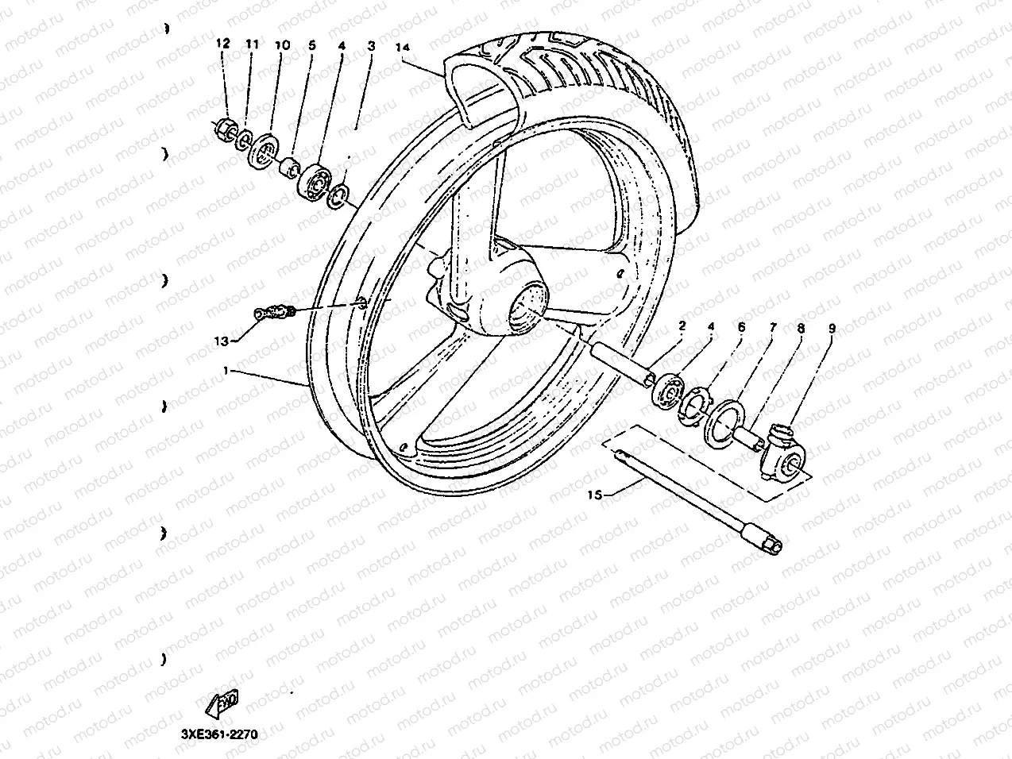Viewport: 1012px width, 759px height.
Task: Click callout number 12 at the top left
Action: pyautogui.click(x=223, y=44)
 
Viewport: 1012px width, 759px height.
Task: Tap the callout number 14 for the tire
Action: pyautogui.click(x=404, y=48)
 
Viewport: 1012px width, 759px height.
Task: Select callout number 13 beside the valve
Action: pyautogui.click(x=222, y=341)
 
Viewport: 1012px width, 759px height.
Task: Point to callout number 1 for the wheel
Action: pyautogui.click(x=226, y=371)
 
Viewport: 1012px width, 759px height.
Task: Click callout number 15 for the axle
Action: pyautogui.click(x=593, y=495)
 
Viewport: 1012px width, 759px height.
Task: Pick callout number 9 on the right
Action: pyautogui.click(x=832, y=326)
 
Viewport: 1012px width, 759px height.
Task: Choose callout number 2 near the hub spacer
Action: pyautogui.click(x=681, y=326)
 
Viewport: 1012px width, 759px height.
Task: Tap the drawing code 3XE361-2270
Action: pyautogui.click(x=214, y=734)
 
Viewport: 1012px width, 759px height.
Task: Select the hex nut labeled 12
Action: pyautogui.click(x=224, y=126)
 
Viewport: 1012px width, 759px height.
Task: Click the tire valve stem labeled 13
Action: pyautogui.click(x=274, y=312)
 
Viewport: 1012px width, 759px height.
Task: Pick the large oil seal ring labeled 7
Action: pyautogui.click(x=724, y=418)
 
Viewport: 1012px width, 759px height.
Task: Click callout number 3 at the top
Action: pyautogui.click(x=371, y=47)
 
